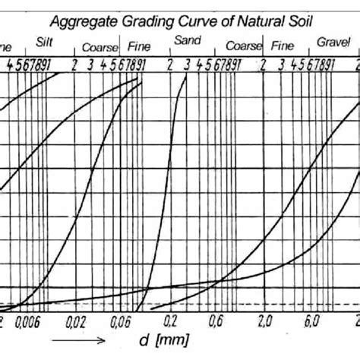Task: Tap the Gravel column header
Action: click(x=331, y=43)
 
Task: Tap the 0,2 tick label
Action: click(x=172, y=321)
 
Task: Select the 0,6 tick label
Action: click(x=216, y=321)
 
